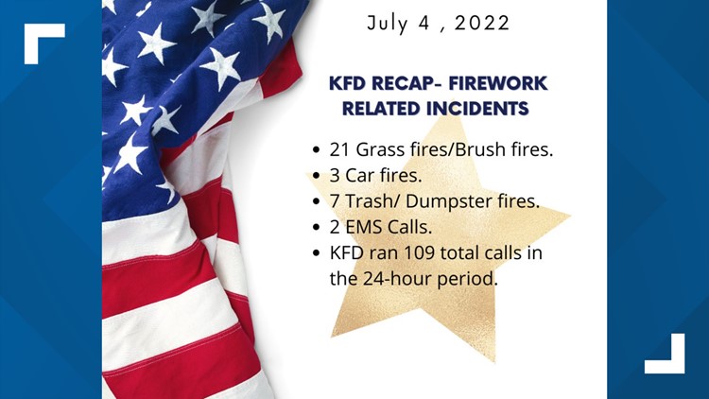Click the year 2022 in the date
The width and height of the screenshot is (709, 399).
[x=479, y=23]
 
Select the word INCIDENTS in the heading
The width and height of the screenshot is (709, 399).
[x=488, y=109]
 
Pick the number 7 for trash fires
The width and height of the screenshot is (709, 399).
[x=336, y=203]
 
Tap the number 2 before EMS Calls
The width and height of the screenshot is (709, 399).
[x=336, y=228]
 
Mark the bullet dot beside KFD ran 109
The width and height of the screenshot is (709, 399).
[x=314, y=252]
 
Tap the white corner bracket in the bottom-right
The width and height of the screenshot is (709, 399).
[x=667, y=357]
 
